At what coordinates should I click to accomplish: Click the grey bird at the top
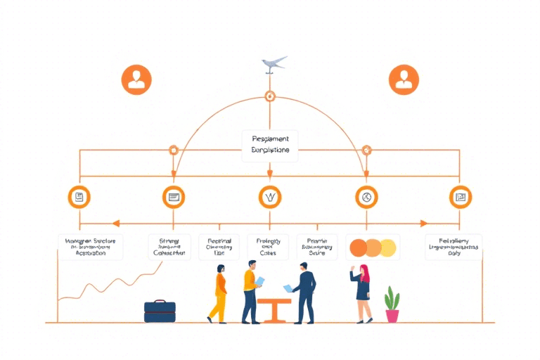tap(274, 63)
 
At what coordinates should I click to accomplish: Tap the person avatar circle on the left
tap(136, 79)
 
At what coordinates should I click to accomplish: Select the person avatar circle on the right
tap(404, 79)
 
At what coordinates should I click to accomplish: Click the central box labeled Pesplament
tap(269, 145)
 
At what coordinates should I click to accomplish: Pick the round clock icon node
tap(366, 198)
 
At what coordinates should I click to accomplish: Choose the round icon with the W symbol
tap(270, 198)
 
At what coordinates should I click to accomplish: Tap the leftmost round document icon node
tap(79, 198)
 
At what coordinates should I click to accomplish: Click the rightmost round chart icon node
tap(460, 198)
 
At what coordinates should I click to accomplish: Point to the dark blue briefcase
tap(160, 311)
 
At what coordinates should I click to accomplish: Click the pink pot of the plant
tap(392, 315)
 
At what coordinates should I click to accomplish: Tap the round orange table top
tap(274, 300)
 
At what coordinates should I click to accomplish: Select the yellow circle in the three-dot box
tap(388, 247)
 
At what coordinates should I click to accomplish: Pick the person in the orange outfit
tap(219, 294)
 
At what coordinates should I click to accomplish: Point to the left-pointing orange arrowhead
tap(115, 224)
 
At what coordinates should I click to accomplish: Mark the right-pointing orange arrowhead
tap(424, 224)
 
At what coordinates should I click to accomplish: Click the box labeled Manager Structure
tap(90, 247)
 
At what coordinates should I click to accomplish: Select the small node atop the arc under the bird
tap(269, 96)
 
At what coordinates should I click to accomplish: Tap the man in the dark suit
tap(304, 291)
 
